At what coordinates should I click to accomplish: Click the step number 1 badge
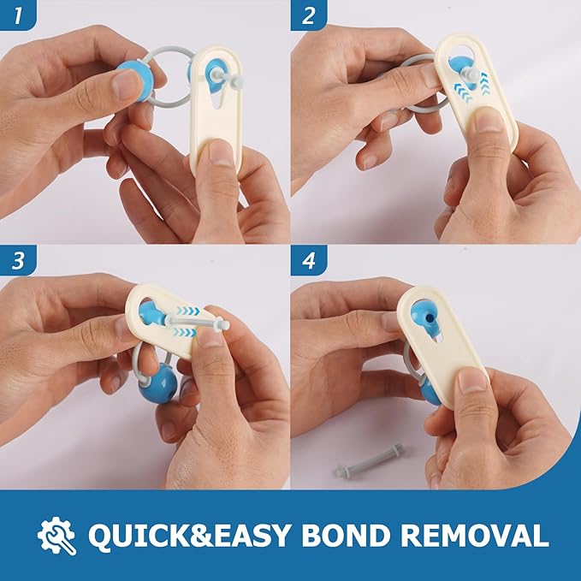point(18,15)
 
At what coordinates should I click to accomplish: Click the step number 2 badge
point(309,15)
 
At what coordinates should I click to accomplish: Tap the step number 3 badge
point(18,260)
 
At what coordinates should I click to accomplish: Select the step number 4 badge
point(309,260)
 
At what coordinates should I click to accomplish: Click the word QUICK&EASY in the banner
point(189,536)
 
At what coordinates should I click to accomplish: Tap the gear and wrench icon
point(56,536)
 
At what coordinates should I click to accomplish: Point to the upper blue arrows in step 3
point(188,311)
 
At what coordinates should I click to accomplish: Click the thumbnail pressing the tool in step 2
point(489,118)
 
